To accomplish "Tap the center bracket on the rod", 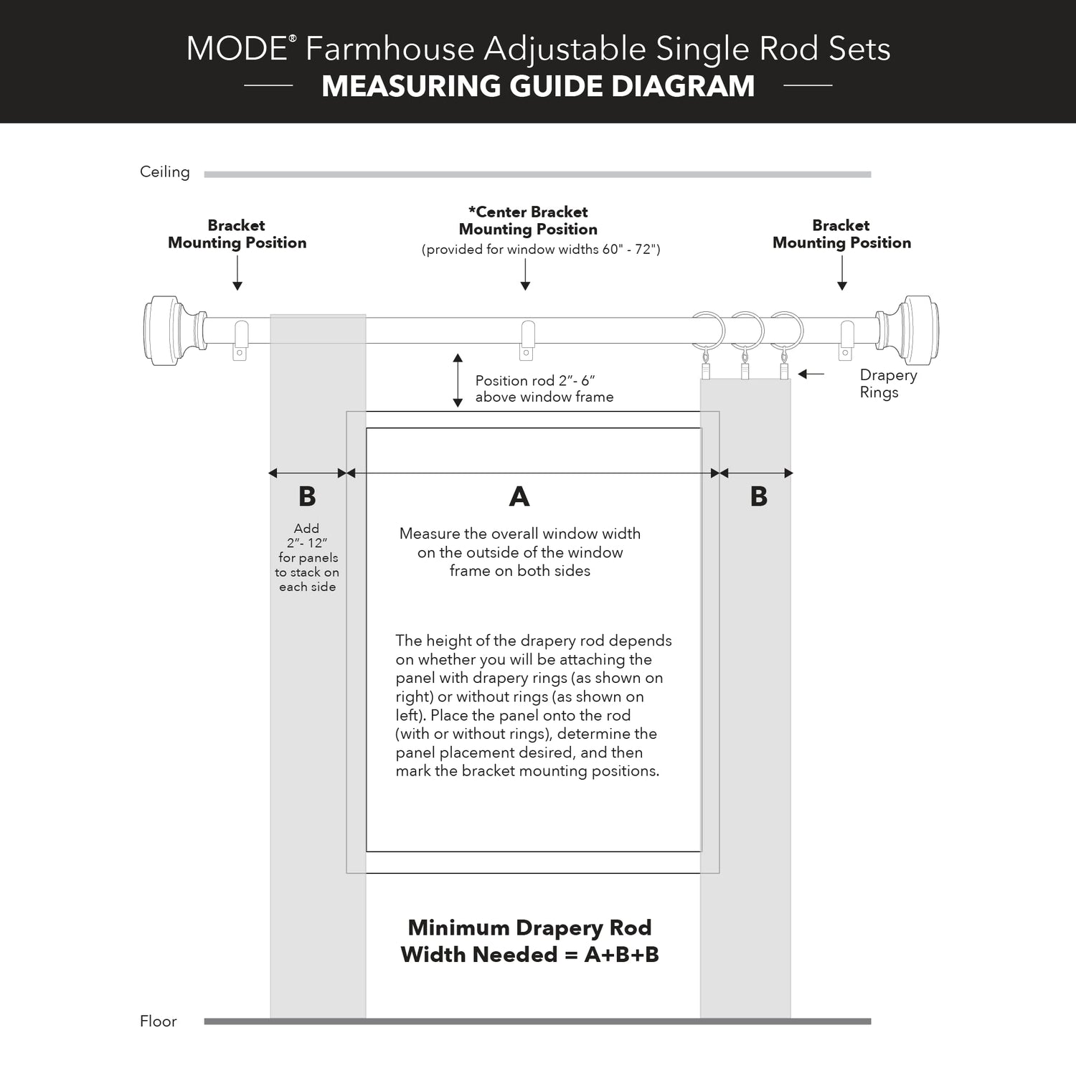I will point(527,340).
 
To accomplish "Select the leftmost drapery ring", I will point(707,330).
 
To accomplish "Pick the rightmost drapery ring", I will point(786,330).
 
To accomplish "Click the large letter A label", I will point(519,496).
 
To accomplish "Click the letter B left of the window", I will point(307,496).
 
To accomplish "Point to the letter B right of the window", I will point(759,496).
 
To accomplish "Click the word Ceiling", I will point(165,172).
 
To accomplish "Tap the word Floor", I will point(159,1021).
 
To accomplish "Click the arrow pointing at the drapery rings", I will point(811,374).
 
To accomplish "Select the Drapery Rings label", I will point(888,384).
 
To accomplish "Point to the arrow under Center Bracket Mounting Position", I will point(525,275).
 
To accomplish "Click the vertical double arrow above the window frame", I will point(458,380).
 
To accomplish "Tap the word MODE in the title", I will point(237,49).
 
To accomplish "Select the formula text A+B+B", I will point(621,955).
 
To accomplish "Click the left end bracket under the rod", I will point(240,341).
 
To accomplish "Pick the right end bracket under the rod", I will point(846,341).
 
